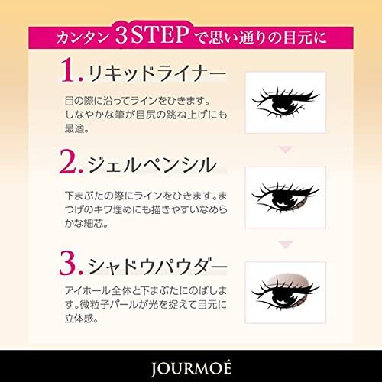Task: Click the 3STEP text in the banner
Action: coord(152,34)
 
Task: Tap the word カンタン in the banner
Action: coord(82,37)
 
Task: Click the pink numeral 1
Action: coord(70,70)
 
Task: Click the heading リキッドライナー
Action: coord(157,73)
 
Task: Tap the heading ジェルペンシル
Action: coord(152,165)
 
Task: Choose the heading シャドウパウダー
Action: coord(157,266)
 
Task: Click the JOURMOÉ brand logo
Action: coord(191,367)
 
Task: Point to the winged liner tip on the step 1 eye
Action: coord(319,95)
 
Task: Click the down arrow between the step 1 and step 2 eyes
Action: coord(286,150)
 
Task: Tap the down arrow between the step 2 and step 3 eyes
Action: coord(286,244)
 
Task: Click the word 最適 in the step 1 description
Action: coord(75,128)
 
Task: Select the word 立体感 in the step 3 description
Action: coord(79,318)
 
